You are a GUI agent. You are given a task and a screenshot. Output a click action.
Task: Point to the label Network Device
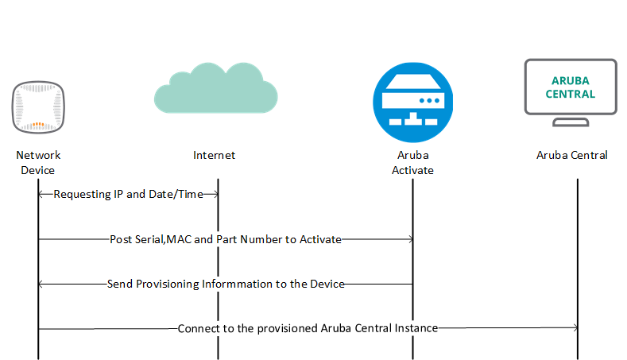tap(38, 162)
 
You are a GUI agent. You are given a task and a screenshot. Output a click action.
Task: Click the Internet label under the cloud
tap(215, 155)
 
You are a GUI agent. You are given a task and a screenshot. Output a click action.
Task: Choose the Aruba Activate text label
tap(412, 162)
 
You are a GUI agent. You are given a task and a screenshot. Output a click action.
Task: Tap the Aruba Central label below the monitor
tap(571, 155)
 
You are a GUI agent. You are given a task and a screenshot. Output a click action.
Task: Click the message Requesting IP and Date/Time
tap(128, 194)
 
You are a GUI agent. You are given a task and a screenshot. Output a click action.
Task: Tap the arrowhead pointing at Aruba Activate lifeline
tap(408, 238)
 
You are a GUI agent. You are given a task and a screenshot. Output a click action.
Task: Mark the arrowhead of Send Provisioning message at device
tap(42, 284)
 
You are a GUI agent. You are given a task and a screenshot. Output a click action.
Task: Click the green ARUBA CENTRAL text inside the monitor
tap(572, 87)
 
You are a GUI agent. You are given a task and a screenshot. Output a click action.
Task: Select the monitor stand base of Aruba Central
tap(571, 123)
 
